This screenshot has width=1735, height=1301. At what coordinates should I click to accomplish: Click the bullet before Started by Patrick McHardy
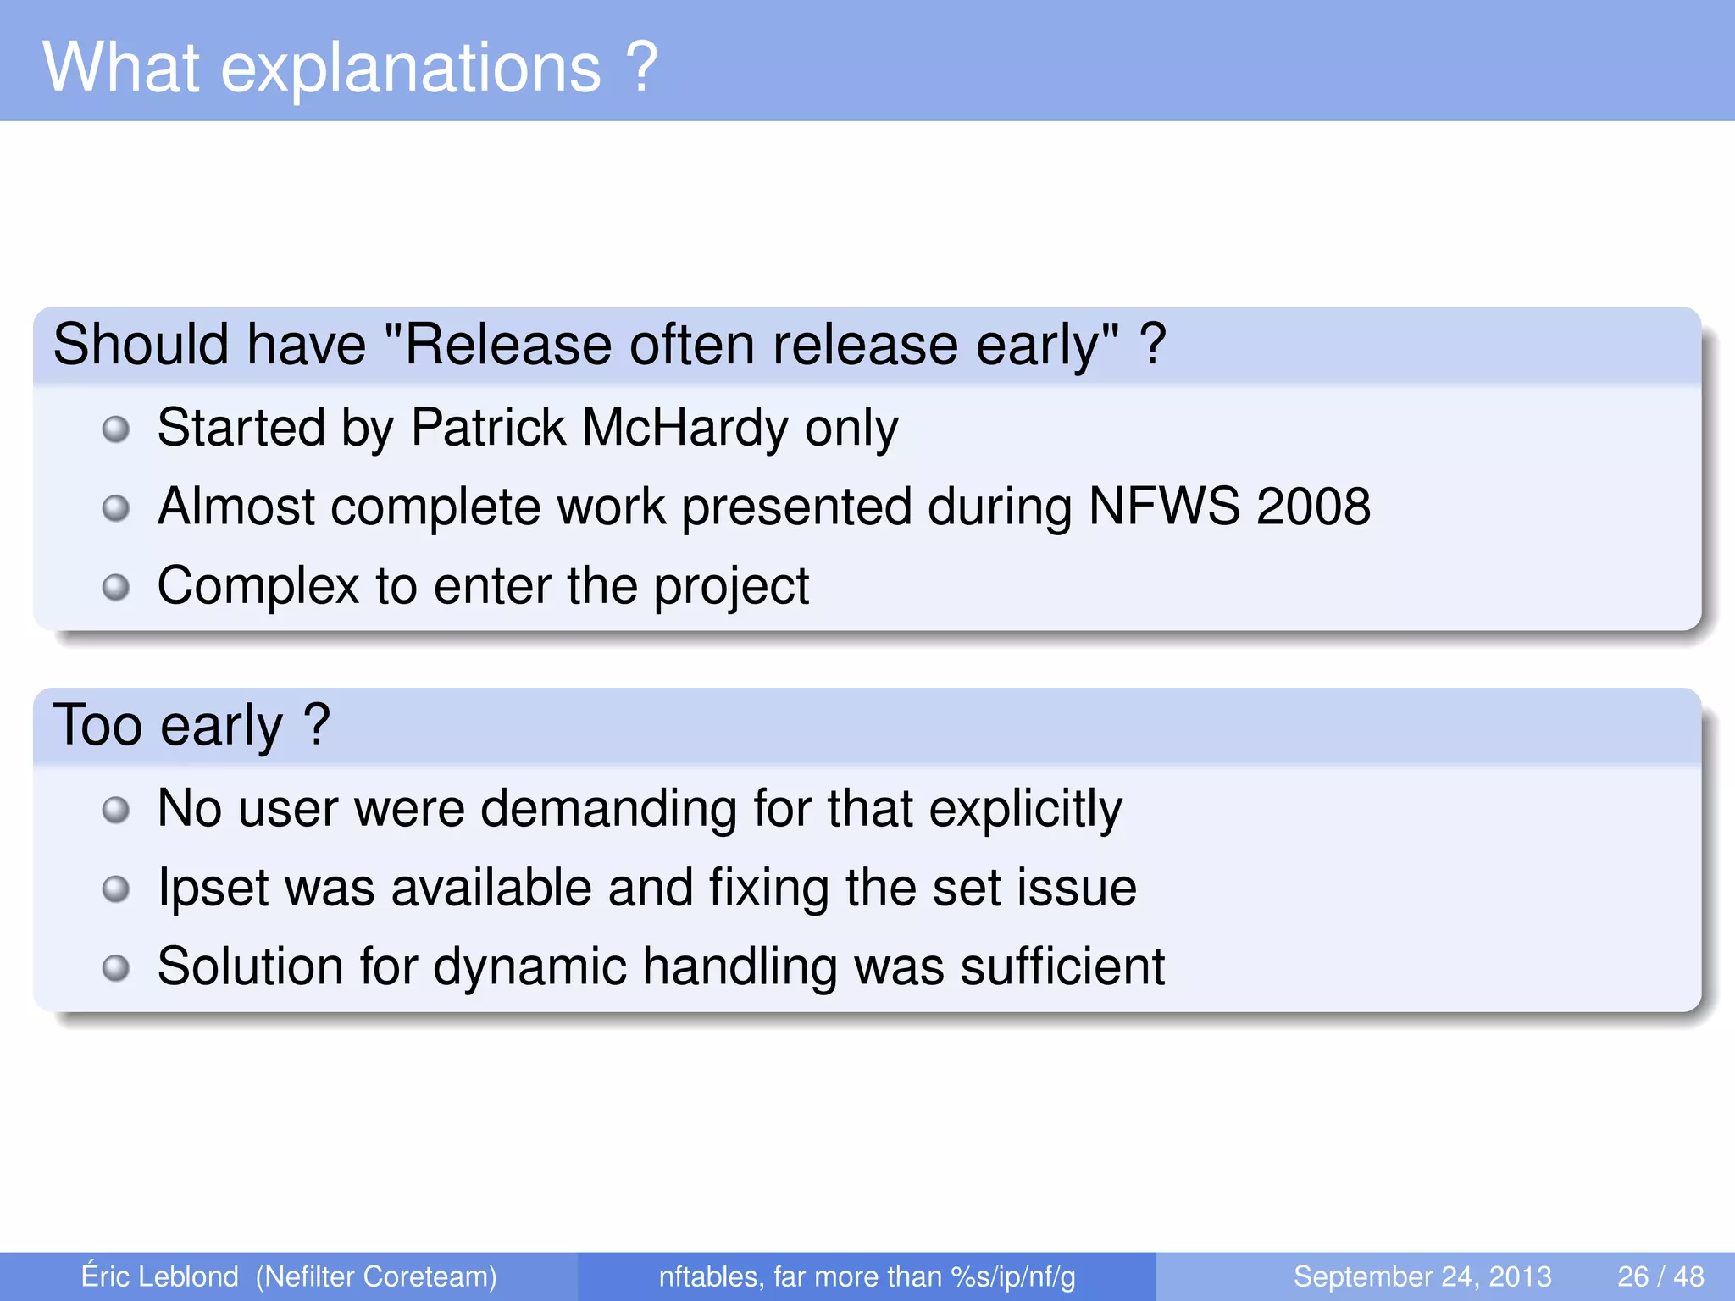click(x=116, y=429)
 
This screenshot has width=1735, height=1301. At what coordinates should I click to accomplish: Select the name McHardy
click(x=685, y=427)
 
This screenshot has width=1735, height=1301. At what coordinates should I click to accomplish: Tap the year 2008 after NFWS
click(x=1313, y=507)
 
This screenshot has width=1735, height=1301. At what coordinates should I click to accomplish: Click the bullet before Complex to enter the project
click(x=116, y=587)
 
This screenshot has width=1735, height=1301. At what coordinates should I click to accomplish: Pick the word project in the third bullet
click(x=731, y=587)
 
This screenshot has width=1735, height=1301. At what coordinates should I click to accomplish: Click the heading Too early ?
click(x=191, y=725)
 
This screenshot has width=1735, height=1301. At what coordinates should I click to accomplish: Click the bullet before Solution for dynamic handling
click(x=116, y=967)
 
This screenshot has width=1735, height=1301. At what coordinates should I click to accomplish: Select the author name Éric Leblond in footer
click(x=159, y=1276)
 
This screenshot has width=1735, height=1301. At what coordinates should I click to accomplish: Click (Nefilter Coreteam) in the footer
click(x=376, y=1276)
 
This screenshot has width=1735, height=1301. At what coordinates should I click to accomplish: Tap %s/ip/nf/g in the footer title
click(x=1012, y=1276)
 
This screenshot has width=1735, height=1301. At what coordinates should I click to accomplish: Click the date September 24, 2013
click(x=1422, y=1276)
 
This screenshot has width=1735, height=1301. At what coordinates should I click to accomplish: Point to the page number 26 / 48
click(x=1660, y=1276)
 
